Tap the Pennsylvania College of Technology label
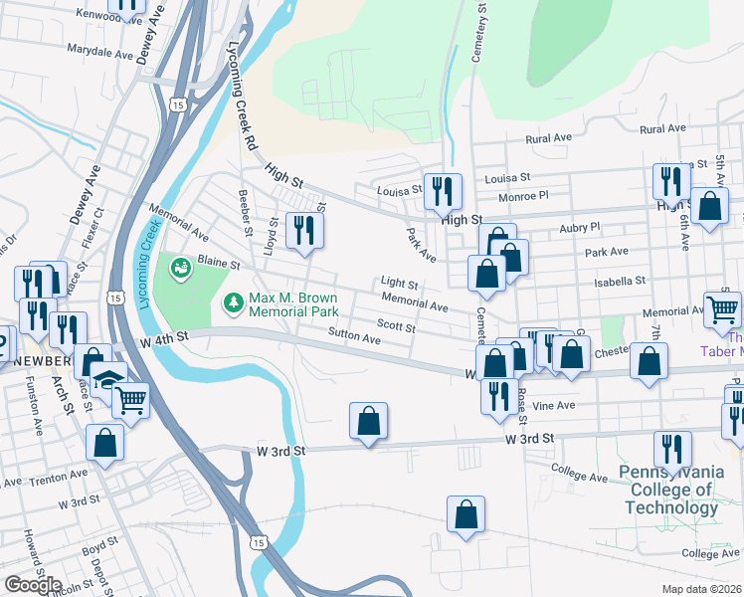point(667,488)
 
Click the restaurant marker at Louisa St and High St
point(443,189)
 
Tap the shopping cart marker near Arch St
point(130,400)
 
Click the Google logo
point(33,585)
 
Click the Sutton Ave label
point(354,339)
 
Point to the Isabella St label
point(620,282)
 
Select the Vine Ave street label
point(553,406)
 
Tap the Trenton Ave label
point(26,482)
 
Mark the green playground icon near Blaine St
point(180,267)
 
